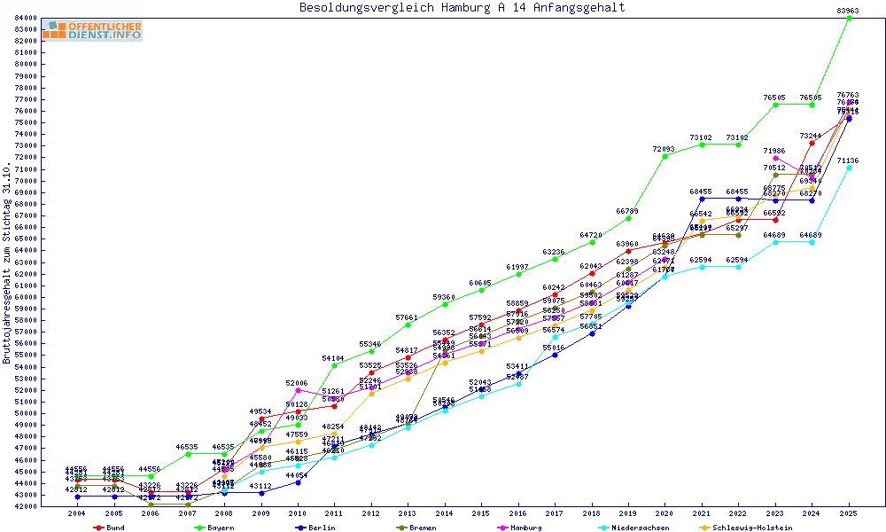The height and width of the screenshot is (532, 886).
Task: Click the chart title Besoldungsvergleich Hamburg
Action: [x=462, y=8]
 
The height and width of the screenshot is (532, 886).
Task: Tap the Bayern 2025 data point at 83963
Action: [x=849, y=18]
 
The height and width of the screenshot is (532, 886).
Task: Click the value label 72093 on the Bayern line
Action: [x=664, y=149]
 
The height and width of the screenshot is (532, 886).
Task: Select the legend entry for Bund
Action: [x=110, y=528]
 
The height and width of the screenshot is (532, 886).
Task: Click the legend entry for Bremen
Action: [x=420, y=528]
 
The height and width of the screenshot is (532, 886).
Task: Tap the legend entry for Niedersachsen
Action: [x=638, y=528]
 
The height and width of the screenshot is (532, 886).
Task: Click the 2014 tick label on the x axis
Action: [x=445, y=513]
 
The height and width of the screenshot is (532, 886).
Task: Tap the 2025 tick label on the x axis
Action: [x=849, y=513]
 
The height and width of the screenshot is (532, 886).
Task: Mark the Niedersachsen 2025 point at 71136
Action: [x=849, y=168]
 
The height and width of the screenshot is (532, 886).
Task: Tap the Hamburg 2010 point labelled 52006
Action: [x=298, y=390]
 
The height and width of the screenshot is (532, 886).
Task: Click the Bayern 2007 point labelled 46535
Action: [x=188, y=454]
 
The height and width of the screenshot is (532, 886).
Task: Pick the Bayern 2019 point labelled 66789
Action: [x=628, y=218]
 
